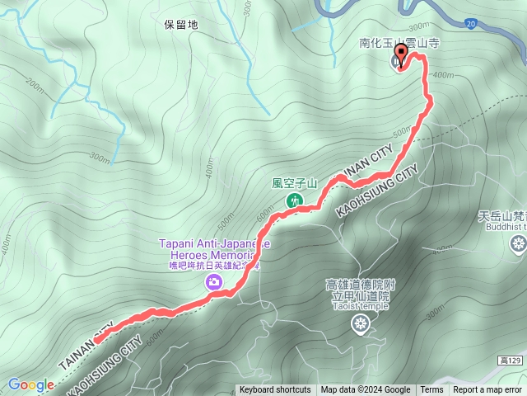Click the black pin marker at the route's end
click(x=402, y=56)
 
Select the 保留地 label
click(x=181, y=25)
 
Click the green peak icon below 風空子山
click(x=293, y=200)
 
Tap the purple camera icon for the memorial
click(x=214, y=283)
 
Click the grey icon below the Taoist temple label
click(x=360, y=325)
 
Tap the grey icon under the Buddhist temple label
click(x=519, y=243)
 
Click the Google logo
click(x=30, y=384)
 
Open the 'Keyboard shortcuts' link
click(x=275, y=390)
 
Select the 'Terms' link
click(x=431, y=390)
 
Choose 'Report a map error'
click(x=488, y=390)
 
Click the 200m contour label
click(x=35, y=83)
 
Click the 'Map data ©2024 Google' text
click(x=366, y=390)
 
